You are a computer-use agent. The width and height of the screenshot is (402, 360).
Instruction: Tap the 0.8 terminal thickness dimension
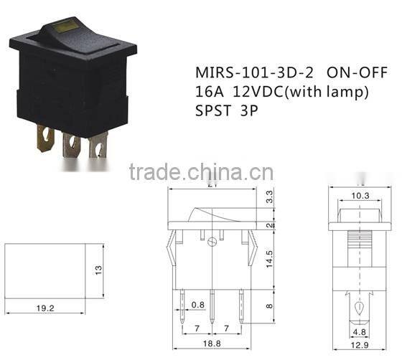(x=197, y=304)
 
